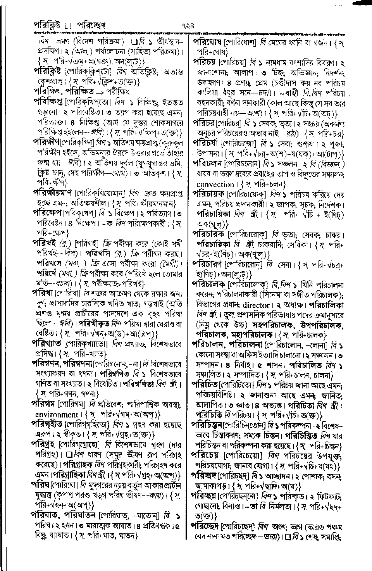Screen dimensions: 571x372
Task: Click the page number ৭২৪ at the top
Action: coord(186,26)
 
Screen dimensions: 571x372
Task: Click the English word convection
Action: coord(215,185)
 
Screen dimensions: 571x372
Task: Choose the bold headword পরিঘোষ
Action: coord(208,42)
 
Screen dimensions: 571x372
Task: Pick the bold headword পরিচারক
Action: coord(209,235)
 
